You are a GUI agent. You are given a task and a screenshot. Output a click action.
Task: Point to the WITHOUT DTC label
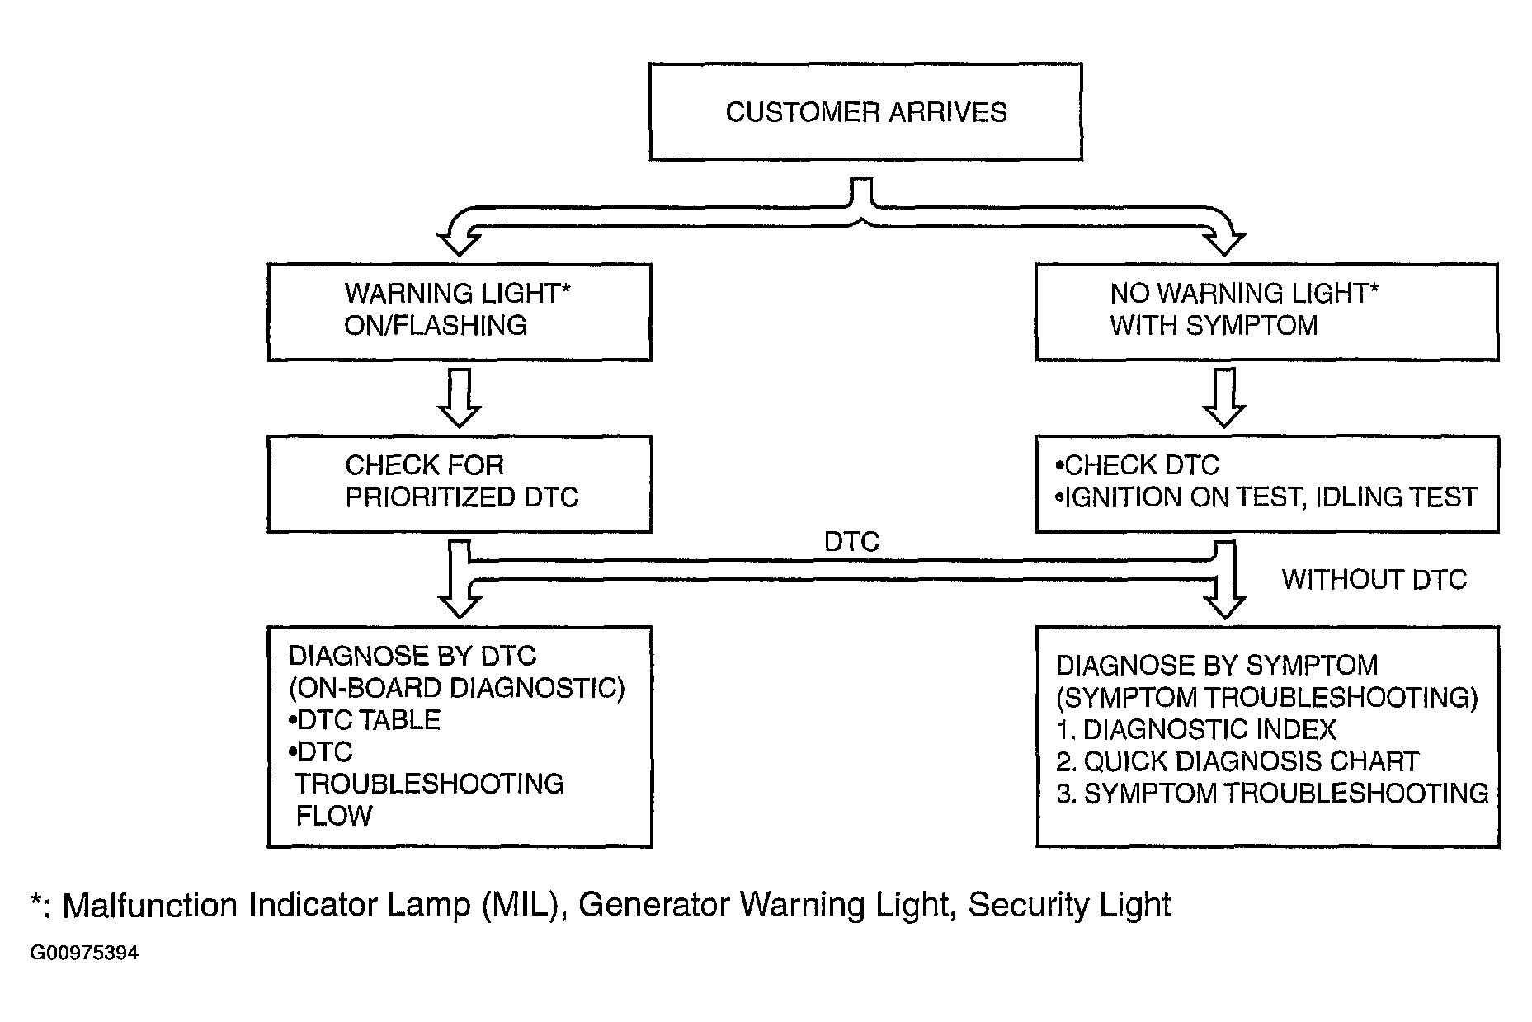pyautogui.click(x=1374, y=579)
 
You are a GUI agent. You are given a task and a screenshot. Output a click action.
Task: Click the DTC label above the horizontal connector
pyautogui.click(x=852, y=542)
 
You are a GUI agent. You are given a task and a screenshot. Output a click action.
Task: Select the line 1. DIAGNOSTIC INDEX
pyautogui.click(x=1196, y=729)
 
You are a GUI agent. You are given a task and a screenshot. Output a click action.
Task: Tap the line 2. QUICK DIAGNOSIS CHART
pyautogui.click(x=1237, y=761)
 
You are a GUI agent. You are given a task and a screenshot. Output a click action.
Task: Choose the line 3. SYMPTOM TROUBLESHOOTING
pyautogui.click(x=1273, y=793)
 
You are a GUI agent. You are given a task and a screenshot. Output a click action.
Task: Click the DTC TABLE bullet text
pyautogui.click(x=365, y=719)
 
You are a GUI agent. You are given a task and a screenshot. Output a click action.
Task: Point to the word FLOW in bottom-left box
pyautogui.click(x=334, y=815)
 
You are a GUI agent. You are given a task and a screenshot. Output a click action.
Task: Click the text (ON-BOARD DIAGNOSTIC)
pyautogui.click(x=456, y=688)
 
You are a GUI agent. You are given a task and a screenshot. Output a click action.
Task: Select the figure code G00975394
pyautogui.click(x=84, y=954)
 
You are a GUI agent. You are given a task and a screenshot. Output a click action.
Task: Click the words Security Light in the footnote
pyautogui.click(x=1069, y=905)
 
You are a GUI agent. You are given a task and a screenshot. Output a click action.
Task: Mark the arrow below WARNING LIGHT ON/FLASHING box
pyautogui.click(x=459, y=398)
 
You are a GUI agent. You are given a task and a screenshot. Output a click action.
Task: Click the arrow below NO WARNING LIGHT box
pyautogui.click(x=1224, y=398)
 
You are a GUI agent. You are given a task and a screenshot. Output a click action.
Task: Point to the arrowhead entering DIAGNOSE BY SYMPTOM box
pyautogui.click(x=1224, y=606)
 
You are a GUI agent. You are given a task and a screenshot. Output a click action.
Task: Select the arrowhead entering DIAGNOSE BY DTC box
pyautogui.click(x=459, y=606)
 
